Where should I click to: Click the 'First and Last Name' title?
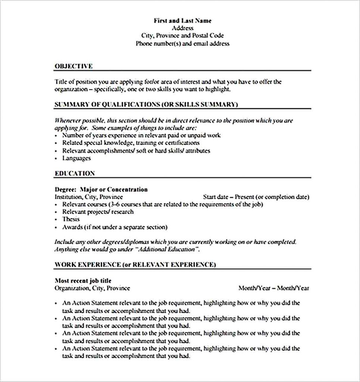point(182,21)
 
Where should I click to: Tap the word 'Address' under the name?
point(182,28)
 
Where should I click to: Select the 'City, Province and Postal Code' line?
point(182,36)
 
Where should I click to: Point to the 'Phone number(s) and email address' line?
point(182,44)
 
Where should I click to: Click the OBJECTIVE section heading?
point(73,66)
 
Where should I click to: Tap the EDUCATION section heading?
point(75,173)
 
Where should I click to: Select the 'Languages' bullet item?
point(76,158)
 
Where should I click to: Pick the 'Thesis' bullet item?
point(71,219)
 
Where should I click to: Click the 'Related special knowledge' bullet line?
point(131,143)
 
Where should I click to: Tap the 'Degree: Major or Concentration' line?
point(101,190)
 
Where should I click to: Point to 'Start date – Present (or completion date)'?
point(256,197)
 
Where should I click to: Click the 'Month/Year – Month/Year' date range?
point(273,288)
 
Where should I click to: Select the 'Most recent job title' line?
point(83,281)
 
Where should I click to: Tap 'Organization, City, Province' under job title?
point(92,288)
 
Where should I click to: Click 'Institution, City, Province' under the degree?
point(89,197)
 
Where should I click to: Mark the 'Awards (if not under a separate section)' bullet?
point(115,227)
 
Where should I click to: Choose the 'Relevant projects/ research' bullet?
point(98,212)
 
